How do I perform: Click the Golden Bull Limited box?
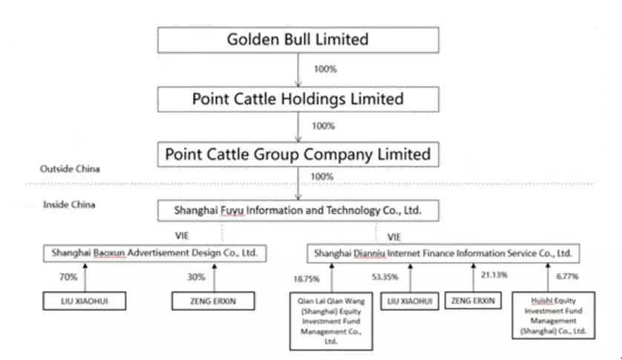297,39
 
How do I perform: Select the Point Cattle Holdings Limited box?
297,98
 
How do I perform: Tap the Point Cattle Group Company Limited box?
297,155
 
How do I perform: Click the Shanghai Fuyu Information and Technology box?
297,211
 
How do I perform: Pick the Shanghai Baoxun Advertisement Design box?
154,253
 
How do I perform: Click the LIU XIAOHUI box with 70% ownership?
84,301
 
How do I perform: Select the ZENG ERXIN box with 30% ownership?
214,301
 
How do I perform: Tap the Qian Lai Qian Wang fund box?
330,321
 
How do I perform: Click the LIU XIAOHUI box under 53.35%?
409,301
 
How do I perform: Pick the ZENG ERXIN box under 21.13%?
474,301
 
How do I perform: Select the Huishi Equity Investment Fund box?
553,315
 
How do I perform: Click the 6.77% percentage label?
567,276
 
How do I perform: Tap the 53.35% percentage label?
384,277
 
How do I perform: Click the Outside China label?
71,169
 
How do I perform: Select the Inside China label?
69,205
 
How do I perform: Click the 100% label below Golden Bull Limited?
324,69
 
